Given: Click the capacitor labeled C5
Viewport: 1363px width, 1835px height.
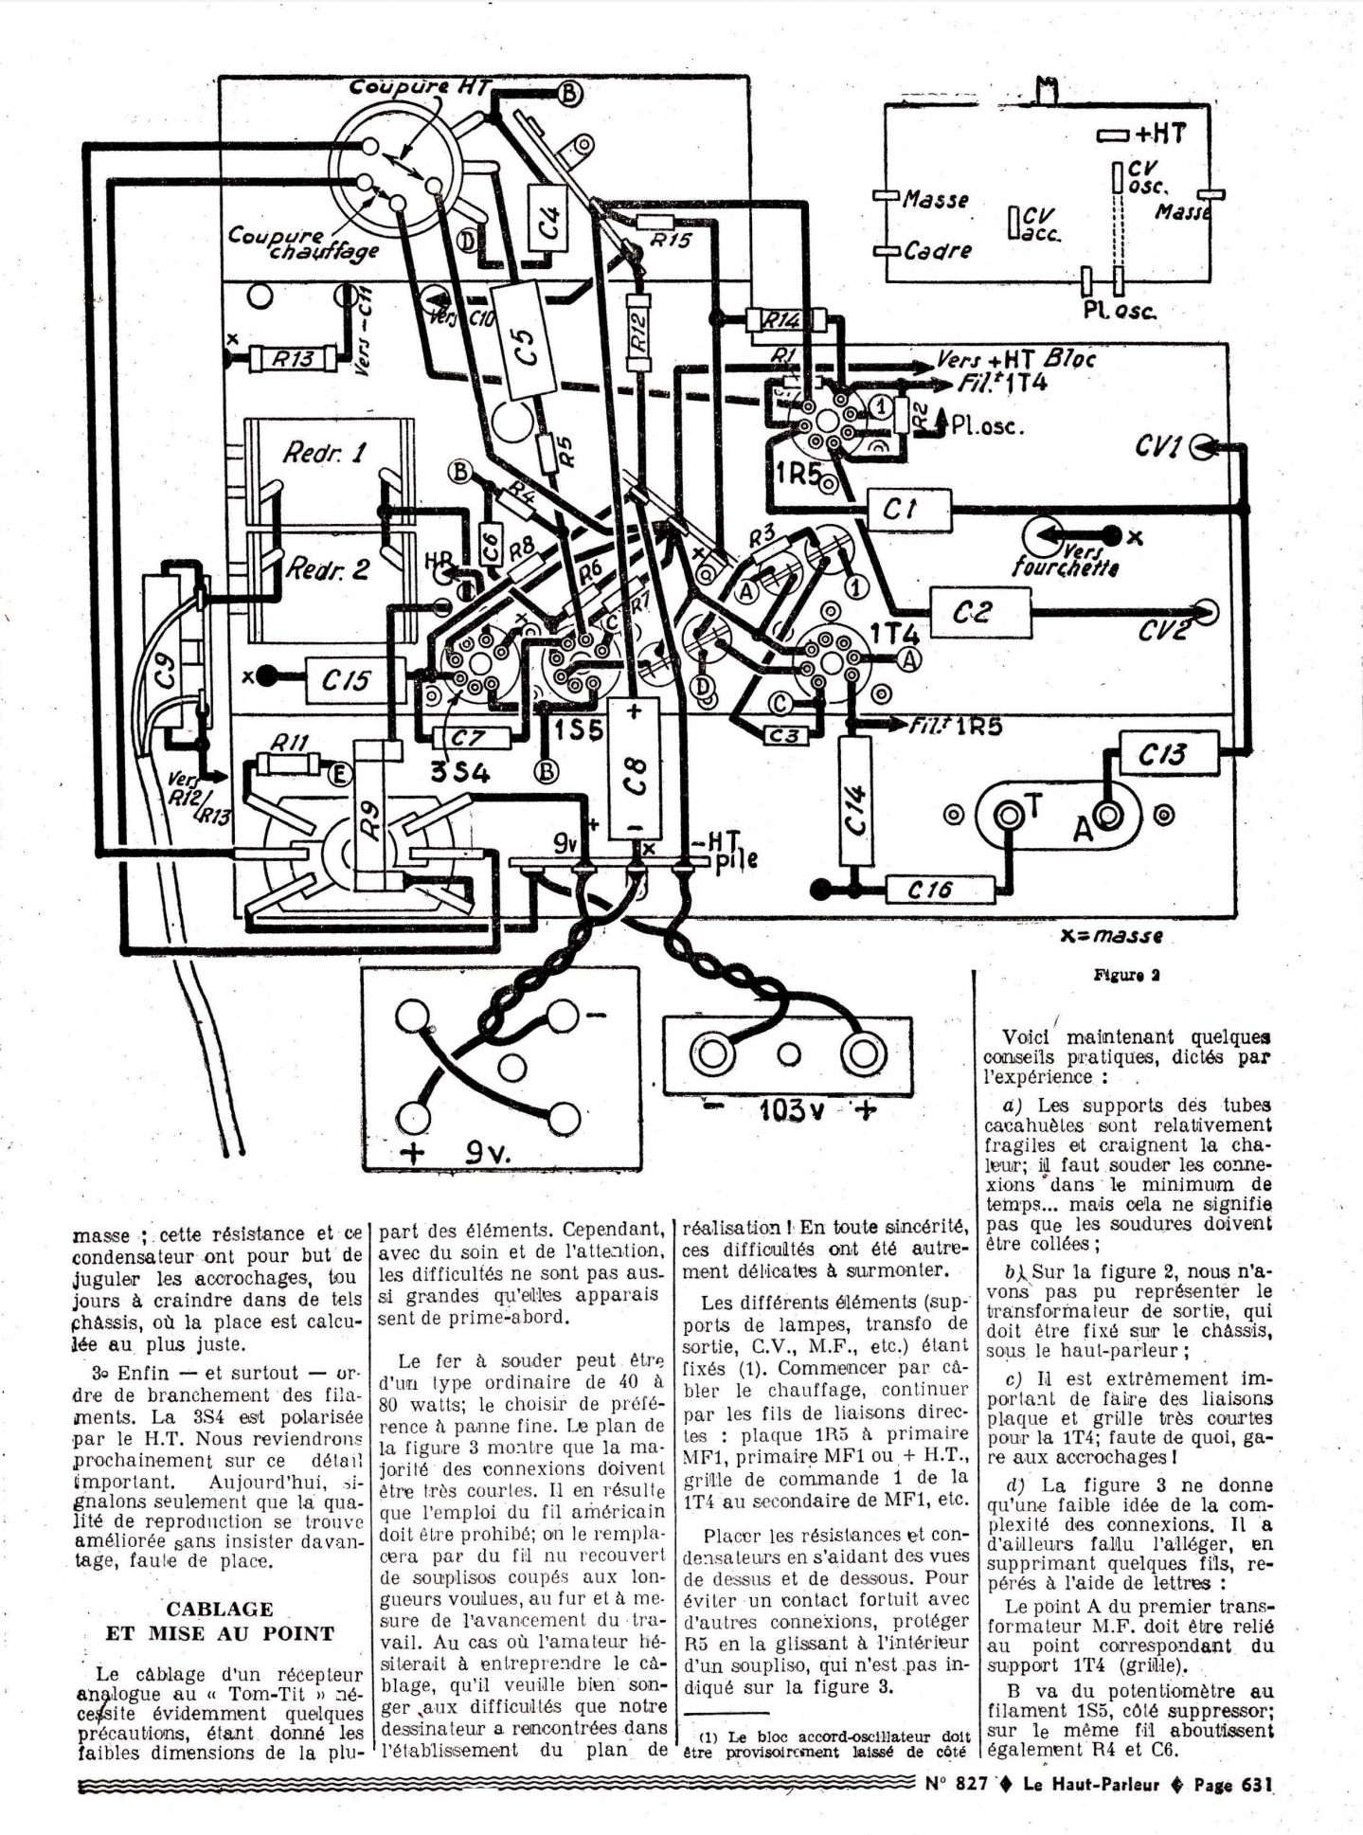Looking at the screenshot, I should coord(528,341).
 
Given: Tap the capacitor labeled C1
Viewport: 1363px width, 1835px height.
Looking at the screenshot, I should coord(907,511).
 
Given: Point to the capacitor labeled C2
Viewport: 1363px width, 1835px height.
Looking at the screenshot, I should coord(979,612).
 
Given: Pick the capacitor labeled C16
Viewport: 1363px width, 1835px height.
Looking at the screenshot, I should coord(940,890).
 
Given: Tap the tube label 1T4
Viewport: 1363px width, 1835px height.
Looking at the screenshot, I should coord(892,634).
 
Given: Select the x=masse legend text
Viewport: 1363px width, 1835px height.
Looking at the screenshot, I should coord(1110,937).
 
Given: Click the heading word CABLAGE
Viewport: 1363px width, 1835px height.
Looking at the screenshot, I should coord(219,1609).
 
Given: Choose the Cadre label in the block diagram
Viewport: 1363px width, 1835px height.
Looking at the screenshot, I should coord(937,251).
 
